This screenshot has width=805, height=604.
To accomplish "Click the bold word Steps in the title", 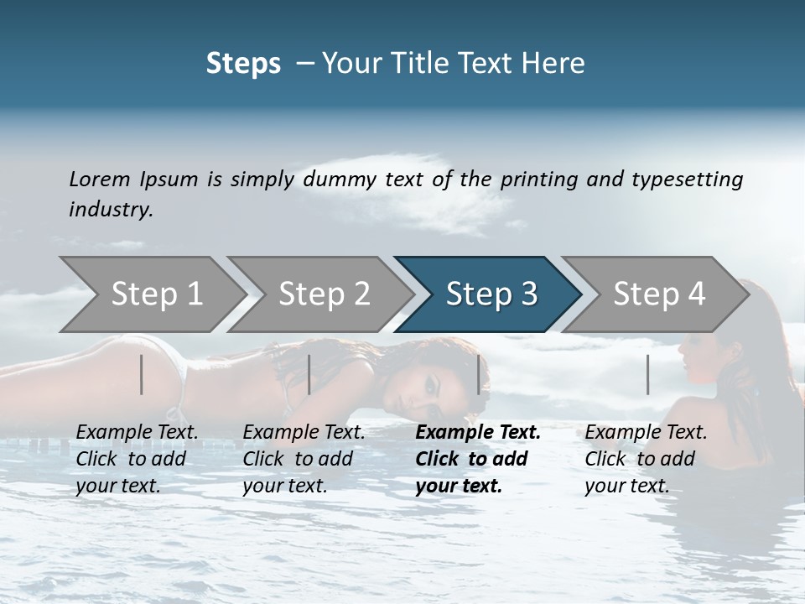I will (x=243, y=64).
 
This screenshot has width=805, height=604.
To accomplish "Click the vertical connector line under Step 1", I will (x=142, y=374).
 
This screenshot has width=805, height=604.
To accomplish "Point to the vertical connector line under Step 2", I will (x=309, y=374).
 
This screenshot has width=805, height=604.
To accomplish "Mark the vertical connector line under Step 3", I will (x=479, y=374).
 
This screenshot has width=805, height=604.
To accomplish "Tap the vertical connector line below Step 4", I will (x=648, y=374).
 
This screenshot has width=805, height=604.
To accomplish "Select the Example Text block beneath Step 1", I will (x=137, y=459).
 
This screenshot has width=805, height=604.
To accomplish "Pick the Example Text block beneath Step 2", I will (x=304, y=459).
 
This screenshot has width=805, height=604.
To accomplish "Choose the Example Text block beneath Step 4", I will (x=646, y=459).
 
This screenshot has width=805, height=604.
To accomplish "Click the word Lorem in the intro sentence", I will (x=100, y=179).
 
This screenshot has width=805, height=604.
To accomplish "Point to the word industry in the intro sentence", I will (x=111, y=210).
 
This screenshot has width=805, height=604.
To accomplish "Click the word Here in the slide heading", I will (x=554, y=64).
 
